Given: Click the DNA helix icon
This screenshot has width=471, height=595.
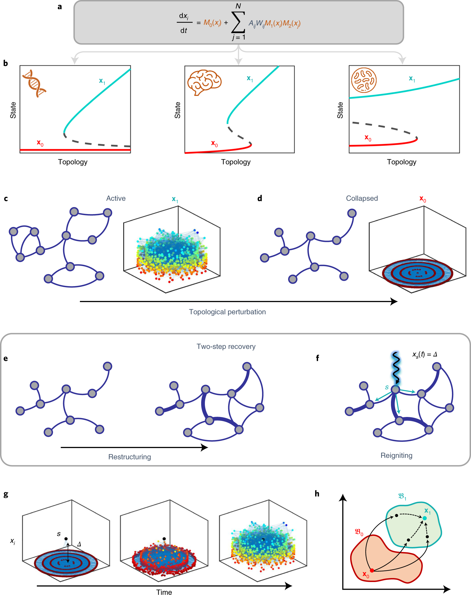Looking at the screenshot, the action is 34,83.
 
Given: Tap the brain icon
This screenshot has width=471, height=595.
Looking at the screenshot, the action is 204,82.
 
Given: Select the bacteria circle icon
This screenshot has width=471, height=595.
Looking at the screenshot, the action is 364,80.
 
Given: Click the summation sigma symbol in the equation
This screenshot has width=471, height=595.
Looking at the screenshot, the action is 238,22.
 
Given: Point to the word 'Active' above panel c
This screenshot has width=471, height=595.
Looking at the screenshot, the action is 116,198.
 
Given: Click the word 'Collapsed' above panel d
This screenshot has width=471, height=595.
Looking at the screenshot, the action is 362,198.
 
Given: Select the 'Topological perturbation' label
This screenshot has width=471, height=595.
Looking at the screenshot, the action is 227,312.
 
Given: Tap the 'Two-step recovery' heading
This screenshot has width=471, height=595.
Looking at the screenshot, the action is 226,347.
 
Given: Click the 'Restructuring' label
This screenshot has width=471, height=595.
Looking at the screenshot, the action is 130,457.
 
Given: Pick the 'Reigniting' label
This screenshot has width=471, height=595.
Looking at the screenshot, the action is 396,456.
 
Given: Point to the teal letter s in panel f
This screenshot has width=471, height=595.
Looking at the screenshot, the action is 387,388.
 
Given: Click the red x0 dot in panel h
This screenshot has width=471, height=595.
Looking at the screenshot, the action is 372,570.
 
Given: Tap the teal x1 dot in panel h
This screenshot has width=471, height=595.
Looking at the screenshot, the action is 425,518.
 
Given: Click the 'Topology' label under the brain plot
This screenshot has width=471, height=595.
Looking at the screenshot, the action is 236,162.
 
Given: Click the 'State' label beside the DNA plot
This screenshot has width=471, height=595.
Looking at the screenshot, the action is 13,110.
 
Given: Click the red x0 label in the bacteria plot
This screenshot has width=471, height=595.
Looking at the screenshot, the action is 368,138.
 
